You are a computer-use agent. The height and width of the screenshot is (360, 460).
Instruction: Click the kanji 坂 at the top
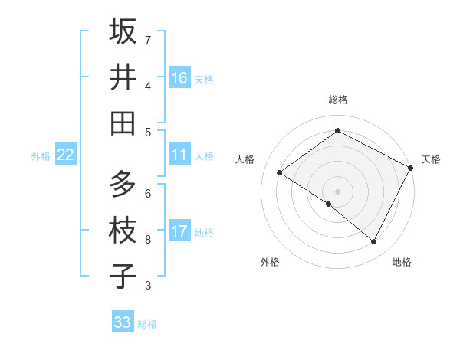123,31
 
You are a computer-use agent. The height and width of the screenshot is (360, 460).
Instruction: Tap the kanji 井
123,77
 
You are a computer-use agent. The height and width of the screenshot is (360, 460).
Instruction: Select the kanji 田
123,123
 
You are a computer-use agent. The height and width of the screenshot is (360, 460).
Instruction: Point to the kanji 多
123,185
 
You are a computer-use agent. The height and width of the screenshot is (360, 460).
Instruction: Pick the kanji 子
123,277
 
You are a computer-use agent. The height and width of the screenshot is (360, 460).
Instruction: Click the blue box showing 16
179,77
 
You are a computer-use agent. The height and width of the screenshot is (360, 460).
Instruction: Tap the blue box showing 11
179,155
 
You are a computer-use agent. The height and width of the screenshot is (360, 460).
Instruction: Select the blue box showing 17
179,231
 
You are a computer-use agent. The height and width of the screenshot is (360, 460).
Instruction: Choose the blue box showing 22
66,155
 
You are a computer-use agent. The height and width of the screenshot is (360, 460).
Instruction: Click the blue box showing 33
123,322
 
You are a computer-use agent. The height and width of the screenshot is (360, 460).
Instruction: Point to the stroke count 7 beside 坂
148,40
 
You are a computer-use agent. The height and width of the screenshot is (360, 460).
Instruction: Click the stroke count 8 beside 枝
148,240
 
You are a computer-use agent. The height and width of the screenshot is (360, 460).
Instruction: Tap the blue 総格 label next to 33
147,324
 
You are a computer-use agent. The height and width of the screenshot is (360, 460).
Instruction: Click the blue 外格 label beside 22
41,156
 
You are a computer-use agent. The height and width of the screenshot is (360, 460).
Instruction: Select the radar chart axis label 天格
431,159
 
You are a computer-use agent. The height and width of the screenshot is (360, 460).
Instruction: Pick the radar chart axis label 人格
245,159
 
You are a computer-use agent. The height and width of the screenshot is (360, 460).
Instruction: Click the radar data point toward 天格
411,168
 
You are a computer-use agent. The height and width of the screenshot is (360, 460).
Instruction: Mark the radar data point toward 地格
374,242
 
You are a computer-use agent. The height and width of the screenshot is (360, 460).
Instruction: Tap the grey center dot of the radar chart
337,190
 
